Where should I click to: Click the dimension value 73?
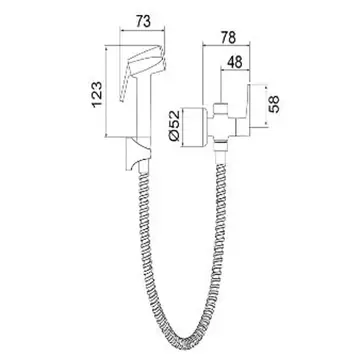coord(143,21)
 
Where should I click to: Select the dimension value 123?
coord(97,94)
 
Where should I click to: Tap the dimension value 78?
coord(229,37)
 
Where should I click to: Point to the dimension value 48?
coord(235,63)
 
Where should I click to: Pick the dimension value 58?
coord(274,104)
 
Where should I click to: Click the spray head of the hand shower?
coord(147,61)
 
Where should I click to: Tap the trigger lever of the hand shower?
coord(124,83)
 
